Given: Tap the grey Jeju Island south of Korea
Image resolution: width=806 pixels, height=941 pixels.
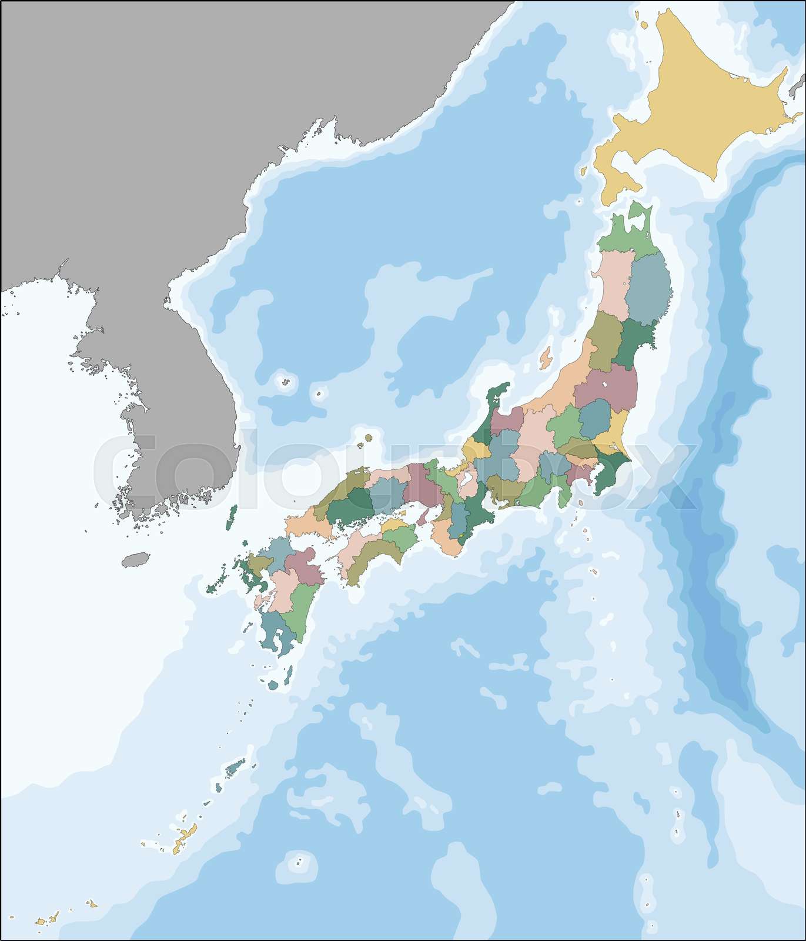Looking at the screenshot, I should click(x=135, y=559).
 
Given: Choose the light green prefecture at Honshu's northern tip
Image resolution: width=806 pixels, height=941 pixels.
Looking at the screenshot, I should click(x=626, y=235).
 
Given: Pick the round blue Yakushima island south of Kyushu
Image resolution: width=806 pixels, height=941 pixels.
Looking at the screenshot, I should click(x=273, y=685).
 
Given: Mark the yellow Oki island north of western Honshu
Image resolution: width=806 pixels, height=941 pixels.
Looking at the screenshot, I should click(x=369, y=438).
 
